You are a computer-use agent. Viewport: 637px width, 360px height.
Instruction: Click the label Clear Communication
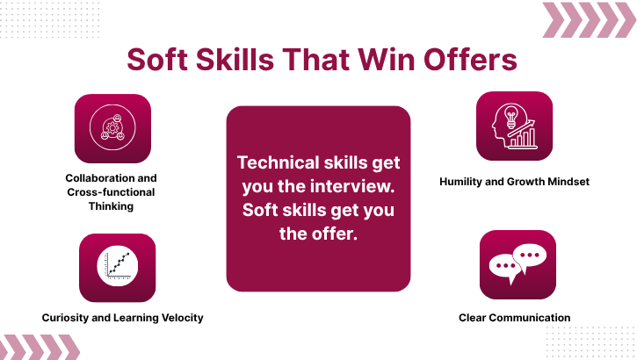[514, 317]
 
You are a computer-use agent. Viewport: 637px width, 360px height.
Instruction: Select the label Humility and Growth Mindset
[514, 182]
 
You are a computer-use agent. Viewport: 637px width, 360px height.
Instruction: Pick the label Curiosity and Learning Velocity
[122, 317]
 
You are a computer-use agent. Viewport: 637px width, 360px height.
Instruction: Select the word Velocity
[182, 317]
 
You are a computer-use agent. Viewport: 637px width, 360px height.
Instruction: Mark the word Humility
[462, 182]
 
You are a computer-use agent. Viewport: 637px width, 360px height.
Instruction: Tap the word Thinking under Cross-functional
[112, 206]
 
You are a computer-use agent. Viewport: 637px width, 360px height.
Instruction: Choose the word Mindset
[568, 182]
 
